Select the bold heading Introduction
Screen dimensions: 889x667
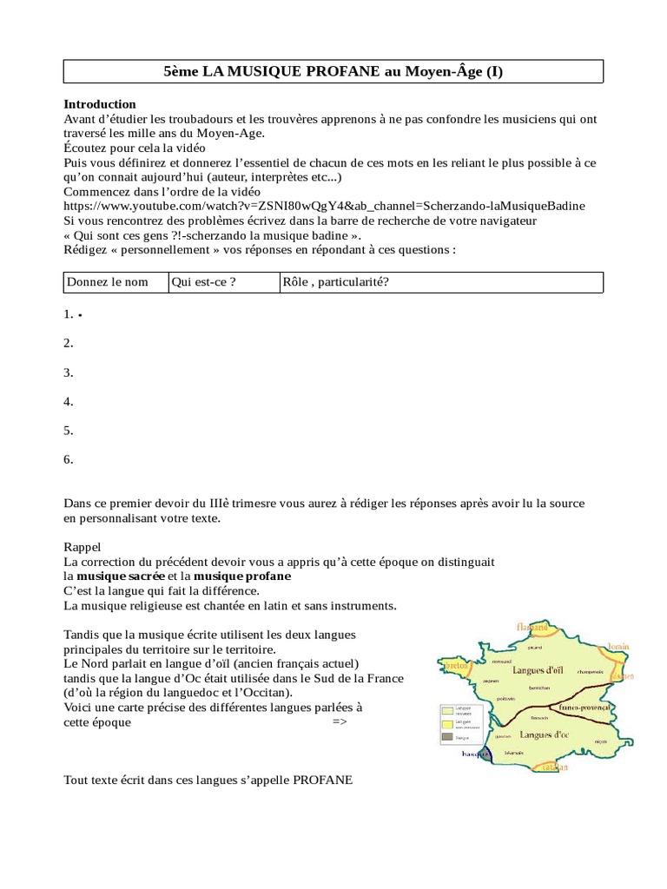point(100,104)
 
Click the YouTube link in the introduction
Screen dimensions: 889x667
point(324,206)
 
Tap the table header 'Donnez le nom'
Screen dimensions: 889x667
point(106,282)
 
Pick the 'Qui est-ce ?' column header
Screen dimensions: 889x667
point(204,282)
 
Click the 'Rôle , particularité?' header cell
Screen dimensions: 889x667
point(335,282)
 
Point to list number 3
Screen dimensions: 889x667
point(69,372)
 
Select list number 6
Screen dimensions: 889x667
point(69,459)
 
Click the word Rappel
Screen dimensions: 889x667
point(83,547)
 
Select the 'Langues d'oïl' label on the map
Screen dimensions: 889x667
point(539,670)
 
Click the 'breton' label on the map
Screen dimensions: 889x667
point(456,666)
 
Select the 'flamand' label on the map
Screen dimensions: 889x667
point(532,627)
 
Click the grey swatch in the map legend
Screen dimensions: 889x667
point(448,736)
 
